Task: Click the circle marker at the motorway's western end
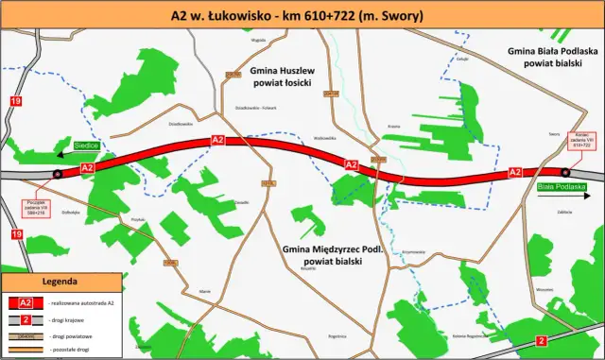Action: (x=60, y=175)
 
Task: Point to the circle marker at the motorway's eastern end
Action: (x=565, y=172)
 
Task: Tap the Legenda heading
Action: (x=60, y=282)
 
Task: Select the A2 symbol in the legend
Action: (x=26, y=302)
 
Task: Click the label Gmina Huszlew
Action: (x=288, y=71)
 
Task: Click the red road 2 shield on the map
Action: (x=541, y=339)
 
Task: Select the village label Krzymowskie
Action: (x=413, y=251)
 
